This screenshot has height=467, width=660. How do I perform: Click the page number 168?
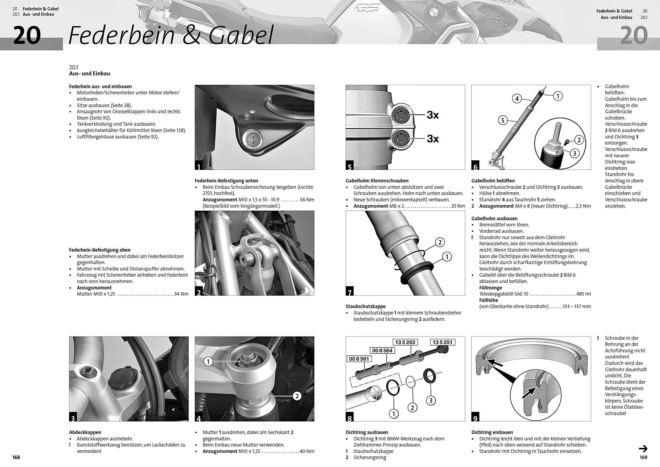click(16, 457)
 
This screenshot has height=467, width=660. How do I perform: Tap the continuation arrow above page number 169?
click(643, 448)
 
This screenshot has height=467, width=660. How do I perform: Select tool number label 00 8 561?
click(359, 359)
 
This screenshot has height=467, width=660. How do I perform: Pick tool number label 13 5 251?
click(442, 342)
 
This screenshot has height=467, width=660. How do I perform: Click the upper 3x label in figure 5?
click(433, 115)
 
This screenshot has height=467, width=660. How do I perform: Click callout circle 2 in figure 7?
click(440, 242)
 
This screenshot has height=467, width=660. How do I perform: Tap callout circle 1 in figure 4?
click(208, 362)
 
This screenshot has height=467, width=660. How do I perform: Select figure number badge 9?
click(475, 418)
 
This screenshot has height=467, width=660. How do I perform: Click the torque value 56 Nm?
click(307, 200)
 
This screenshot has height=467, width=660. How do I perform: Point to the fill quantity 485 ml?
click(584, 294)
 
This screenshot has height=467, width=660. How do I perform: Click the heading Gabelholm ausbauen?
click(494, 219)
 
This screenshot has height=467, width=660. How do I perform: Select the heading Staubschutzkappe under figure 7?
click(366, 306)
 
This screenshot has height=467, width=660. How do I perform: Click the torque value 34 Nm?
click(181, 294)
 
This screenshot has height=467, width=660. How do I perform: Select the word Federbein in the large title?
click(122, 35)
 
